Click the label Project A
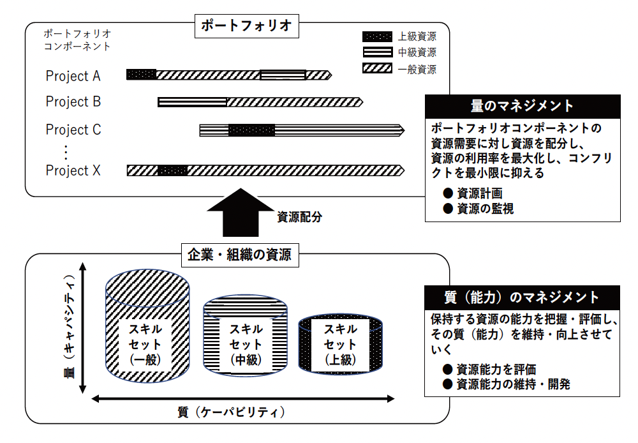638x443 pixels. (73, 76)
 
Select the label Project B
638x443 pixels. (73, 101)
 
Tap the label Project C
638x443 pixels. (73, 130)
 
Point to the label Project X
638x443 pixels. (73, 170)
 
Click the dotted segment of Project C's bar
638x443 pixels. (251, 130)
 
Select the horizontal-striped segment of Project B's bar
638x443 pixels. (192, 102)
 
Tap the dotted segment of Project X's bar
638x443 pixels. (172, 170)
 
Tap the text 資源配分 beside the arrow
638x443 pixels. (299, 216)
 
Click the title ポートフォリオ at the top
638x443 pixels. (246, 26)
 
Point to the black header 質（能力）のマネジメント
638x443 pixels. (522, 297)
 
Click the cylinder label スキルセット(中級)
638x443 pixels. (246, 345)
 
